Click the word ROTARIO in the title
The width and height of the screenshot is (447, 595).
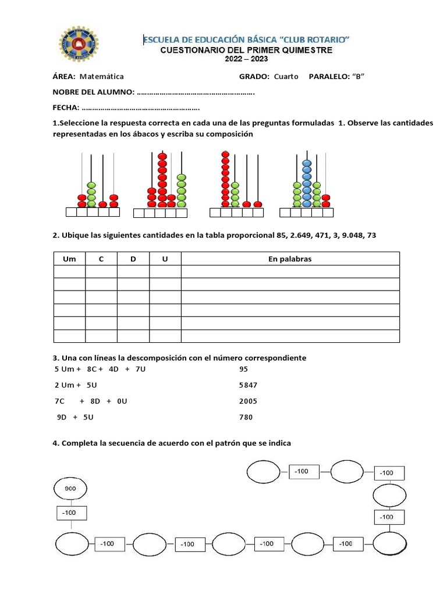click(x=326, y=40)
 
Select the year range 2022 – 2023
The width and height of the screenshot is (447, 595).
click(x=246, y=59)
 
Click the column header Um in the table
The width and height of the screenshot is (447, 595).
click(x=69, y=259)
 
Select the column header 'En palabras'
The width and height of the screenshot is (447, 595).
click(x=290, y=259)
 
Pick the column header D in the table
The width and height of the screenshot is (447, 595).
click(x=133, y=259)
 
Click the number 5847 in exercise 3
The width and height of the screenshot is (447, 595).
click(x=248, y=385)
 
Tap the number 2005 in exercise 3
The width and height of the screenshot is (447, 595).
click(x=248, y=402)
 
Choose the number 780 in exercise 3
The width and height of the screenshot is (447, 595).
click(x=246, y=417)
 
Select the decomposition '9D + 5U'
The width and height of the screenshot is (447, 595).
click(x=75, y=417)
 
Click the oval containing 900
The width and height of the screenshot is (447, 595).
click(x=70, y=489)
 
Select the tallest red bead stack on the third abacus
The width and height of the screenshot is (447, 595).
click(x=225, y=178)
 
